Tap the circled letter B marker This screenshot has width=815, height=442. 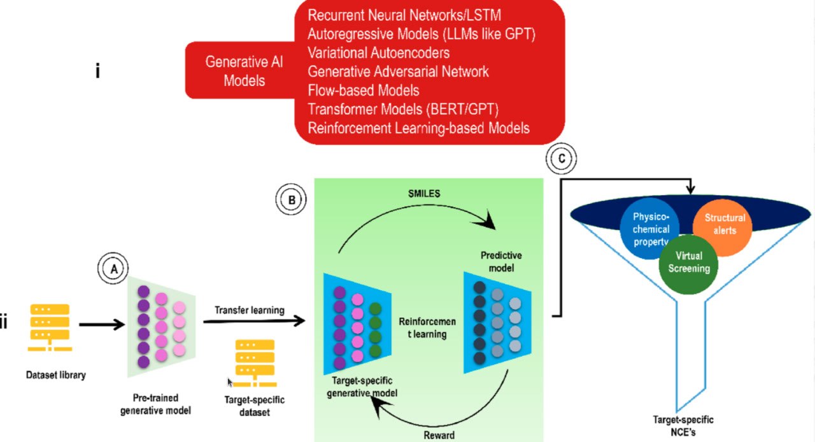[291, 199]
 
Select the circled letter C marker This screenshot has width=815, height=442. [561, 159]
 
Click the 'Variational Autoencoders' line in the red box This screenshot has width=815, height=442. [378, 52]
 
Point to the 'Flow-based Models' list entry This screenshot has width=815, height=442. [363, 90]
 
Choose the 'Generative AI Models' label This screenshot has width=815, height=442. [244, 71]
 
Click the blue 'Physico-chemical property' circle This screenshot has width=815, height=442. [649, 226]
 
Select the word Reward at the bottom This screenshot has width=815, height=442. [439, 435]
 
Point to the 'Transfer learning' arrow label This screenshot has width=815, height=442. [249, 310]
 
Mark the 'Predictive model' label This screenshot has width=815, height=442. [501, 261]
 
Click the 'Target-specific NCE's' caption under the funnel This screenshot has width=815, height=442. [683, 425]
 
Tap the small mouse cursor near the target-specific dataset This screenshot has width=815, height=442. [230, 382]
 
